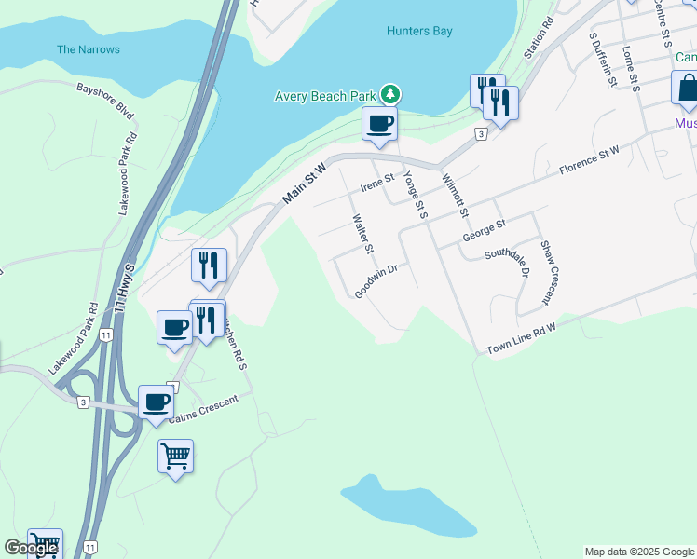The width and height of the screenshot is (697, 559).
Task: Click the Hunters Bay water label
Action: click(419, 31)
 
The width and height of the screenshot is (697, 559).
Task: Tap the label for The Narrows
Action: click(89, 49)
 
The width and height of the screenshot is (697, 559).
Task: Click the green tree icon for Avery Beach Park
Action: click(390, 94)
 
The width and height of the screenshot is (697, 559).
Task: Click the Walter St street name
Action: click(362, 234)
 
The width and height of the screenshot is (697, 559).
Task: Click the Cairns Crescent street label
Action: click(204, 410)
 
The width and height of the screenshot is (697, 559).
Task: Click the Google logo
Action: click(30, 548)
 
